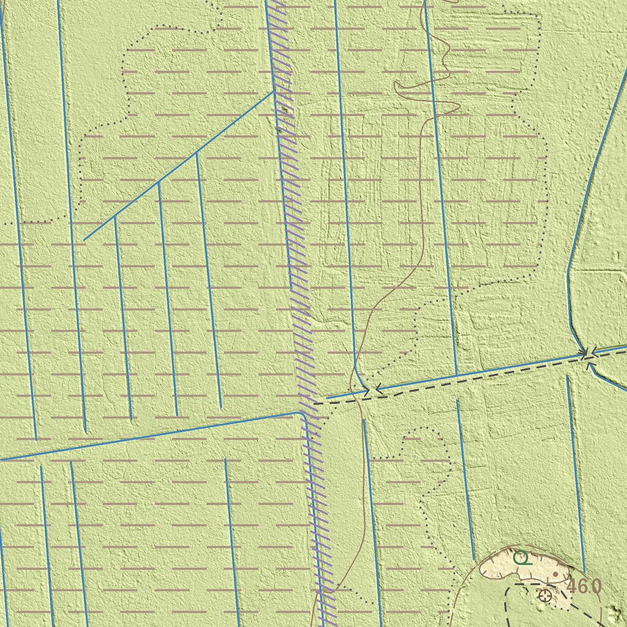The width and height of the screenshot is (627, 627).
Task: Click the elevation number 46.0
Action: pos(584,586)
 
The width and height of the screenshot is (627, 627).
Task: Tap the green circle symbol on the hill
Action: pos(520,557)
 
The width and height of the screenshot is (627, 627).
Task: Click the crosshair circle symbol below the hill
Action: pos(544,595)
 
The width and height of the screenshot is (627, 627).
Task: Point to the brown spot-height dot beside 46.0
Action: pos(555,574)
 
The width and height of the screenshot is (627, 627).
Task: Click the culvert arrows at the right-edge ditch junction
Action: pos(587,354)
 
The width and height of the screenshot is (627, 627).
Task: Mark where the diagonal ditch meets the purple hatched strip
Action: pos(273,92)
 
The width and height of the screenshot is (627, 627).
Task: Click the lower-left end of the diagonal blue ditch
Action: pos(84,240)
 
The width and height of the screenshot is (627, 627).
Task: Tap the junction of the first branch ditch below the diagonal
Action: pos(115,217)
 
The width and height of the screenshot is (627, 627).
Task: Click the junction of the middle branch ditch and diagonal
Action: pos(158,182)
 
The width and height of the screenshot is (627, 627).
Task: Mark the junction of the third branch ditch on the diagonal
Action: pos(195,154)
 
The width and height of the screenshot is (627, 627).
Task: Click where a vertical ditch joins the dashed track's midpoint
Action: pos(456,374)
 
